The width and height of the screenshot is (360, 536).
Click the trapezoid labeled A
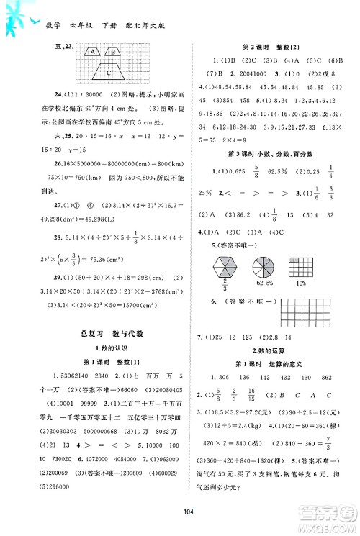point(93,52)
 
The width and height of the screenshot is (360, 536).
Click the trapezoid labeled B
point(113,52)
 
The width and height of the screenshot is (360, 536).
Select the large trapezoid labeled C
point(108,72)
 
